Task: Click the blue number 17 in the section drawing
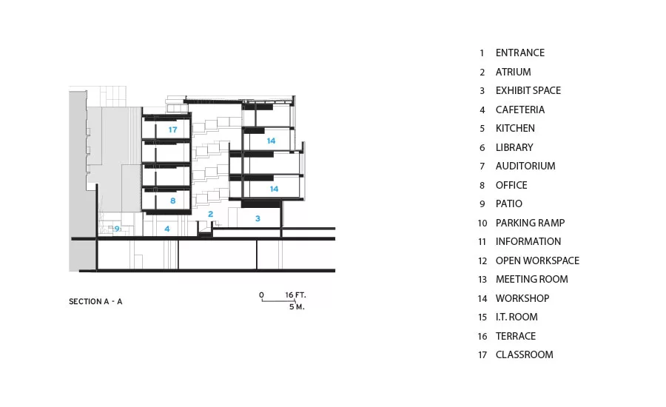click(x=172, y=129)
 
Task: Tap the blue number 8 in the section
click(x=173, y=201)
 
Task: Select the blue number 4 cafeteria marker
click(x=167, y=229)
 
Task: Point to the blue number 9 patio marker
click(x=117, y=229)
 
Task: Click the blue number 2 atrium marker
click(x=210, y=214)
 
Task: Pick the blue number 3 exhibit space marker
click(x=258, y=218)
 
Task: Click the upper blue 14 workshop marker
click(x=271, y=141)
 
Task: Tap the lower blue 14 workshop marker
click(x=274, y=189)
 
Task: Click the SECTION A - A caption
click(x=95, y=302)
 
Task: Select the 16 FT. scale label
click(x=295, y=295)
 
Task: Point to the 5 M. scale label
click(x=297, y=307)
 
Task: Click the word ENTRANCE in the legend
click(x=520, y=53)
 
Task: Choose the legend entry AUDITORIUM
click(x=525, y=166)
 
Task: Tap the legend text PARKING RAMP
click(x=530, y=223)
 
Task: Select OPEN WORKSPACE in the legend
click(x=537, y=260)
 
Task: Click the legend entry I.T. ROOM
click(x=517, y=317)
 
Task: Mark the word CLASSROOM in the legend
click(x=524, y=354)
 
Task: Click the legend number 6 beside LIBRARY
click(x=482, y=148)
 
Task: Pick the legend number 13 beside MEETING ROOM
click(x=482, y=280)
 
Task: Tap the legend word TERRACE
click(x=516, y=336)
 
